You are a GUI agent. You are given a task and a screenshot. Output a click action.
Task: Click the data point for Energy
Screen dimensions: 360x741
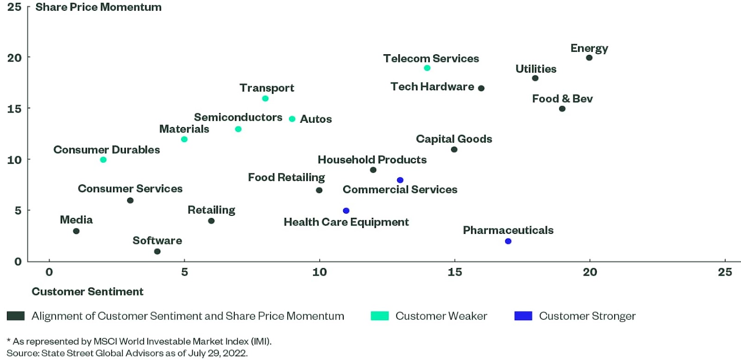tap(589, 58)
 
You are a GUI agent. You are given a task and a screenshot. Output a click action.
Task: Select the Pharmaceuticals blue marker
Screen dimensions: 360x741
tap(508, 241)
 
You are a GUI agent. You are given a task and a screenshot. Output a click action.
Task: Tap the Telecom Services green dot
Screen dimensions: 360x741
tap(427, 68)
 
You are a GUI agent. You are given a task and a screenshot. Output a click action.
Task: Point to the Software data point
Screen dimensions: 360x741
tap(157, 252)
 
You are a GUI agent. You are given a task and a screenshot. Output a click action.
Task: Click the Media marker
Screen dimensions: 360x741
tap(76, 231)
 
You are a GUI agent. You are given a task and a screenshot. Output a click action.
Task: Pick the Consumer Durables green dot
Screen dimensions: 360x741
tap(103, 160)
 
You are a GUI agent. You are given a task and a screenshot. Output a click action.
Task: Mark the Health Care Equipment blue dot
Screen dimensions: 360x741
tap(346, 211)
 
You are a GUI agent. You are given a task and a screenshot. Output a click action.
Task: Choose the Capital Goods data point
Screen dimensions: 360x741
tap(454, 150)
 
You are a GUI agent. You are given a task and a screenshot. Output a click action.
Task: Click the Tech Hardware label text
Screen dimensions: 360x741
tap(432, 87)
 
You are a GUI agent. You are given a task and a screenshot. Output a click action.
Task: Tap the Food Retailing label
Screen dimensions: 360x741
tap(286, 177)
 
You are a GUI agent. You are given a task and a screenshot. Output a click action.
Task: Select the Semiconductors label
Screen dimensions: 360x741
tap(238, 117)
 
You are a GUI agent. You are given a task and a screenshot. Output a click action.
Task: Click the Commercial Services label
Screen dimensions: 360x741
tap(400, 189)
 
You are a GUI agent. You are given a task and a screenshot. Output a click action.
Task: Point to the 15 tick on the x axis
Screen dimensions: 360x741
tap(454, 272)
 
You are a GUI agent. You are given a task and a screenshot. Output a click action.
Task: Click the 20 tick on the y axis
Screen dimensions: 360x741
tap(14, 58)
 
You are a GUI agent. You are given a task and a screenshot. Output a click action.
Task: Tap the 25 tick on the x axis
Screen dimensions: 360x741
tap(724, 272)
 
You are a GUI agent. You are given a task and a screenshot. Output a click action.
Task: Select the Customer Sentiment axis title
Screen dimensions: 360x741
tap(88, 291)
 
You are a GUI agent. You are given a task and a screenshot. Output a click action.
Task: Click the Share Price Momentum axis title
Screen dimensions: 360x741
tap(98, 7)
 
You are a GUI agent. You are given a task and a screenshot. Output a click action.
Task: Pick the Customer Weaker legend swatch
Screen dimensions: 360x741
tap(380, 316)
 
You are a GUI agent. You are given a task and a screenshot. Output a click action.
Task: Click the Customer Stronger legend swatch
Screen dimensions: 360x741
tap(523, 316)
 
